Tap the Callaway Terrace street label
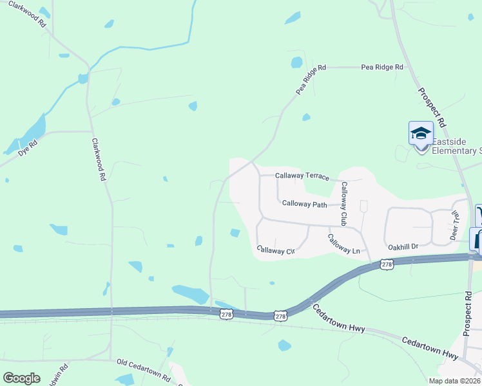302,176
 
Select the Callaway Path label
305,203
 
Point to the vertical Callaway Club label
344,203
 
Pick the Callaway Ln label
343,245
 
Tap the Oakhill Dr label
403,246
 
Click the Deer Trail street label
454,225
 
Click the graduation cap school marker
421,134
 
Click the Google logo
21,378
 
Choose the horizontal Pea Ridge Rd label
382,67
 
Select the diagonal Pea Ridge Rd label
311,80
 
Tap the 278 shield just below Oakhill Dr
387,264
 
